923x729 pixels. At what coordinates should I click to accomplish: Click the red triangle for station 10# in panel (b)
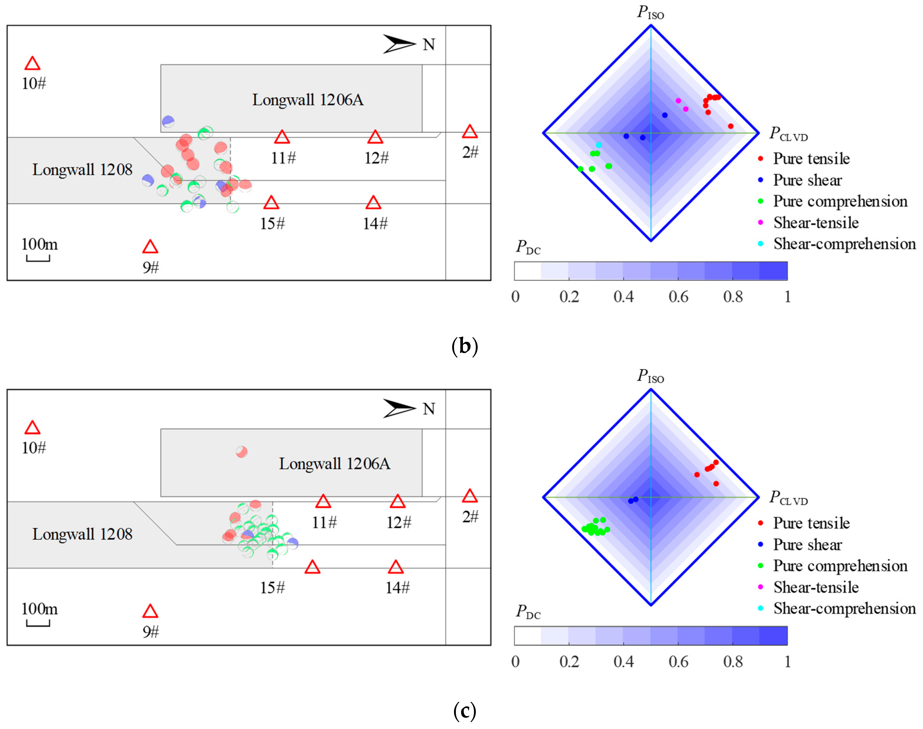coord(33,64)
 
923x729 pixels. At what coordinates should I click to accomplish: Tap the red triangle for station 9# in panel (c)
coord(150,612)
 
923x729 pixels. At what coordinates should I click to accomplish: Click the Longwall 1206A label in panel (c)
coord(335,464)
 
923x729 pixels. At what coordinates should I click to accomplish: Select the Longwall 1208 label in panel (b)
coord(82,170)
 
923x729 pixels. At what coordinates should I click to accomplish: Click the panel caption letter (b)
coord(464,346)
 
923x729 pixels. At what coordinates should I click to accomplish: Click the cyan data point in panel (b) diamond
coord(599,145)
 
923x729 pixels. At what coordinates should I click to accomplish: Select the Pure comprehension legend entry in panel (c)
coord(840,566)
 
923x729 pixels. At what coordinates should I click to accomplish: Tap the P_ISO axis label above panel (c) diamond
coord(650,376)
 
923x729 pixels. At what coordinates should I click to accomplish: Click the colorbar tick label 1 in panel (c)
coord(787,662)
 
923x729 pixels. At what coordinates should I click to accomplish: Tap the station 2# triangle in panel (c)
coord(470,496)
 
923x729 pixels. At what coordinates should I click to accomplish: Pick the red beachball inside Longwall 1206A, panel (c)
coord(241,452)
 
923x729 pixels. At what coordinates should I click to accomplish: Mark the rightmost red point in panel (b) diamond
coord(731,126)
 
